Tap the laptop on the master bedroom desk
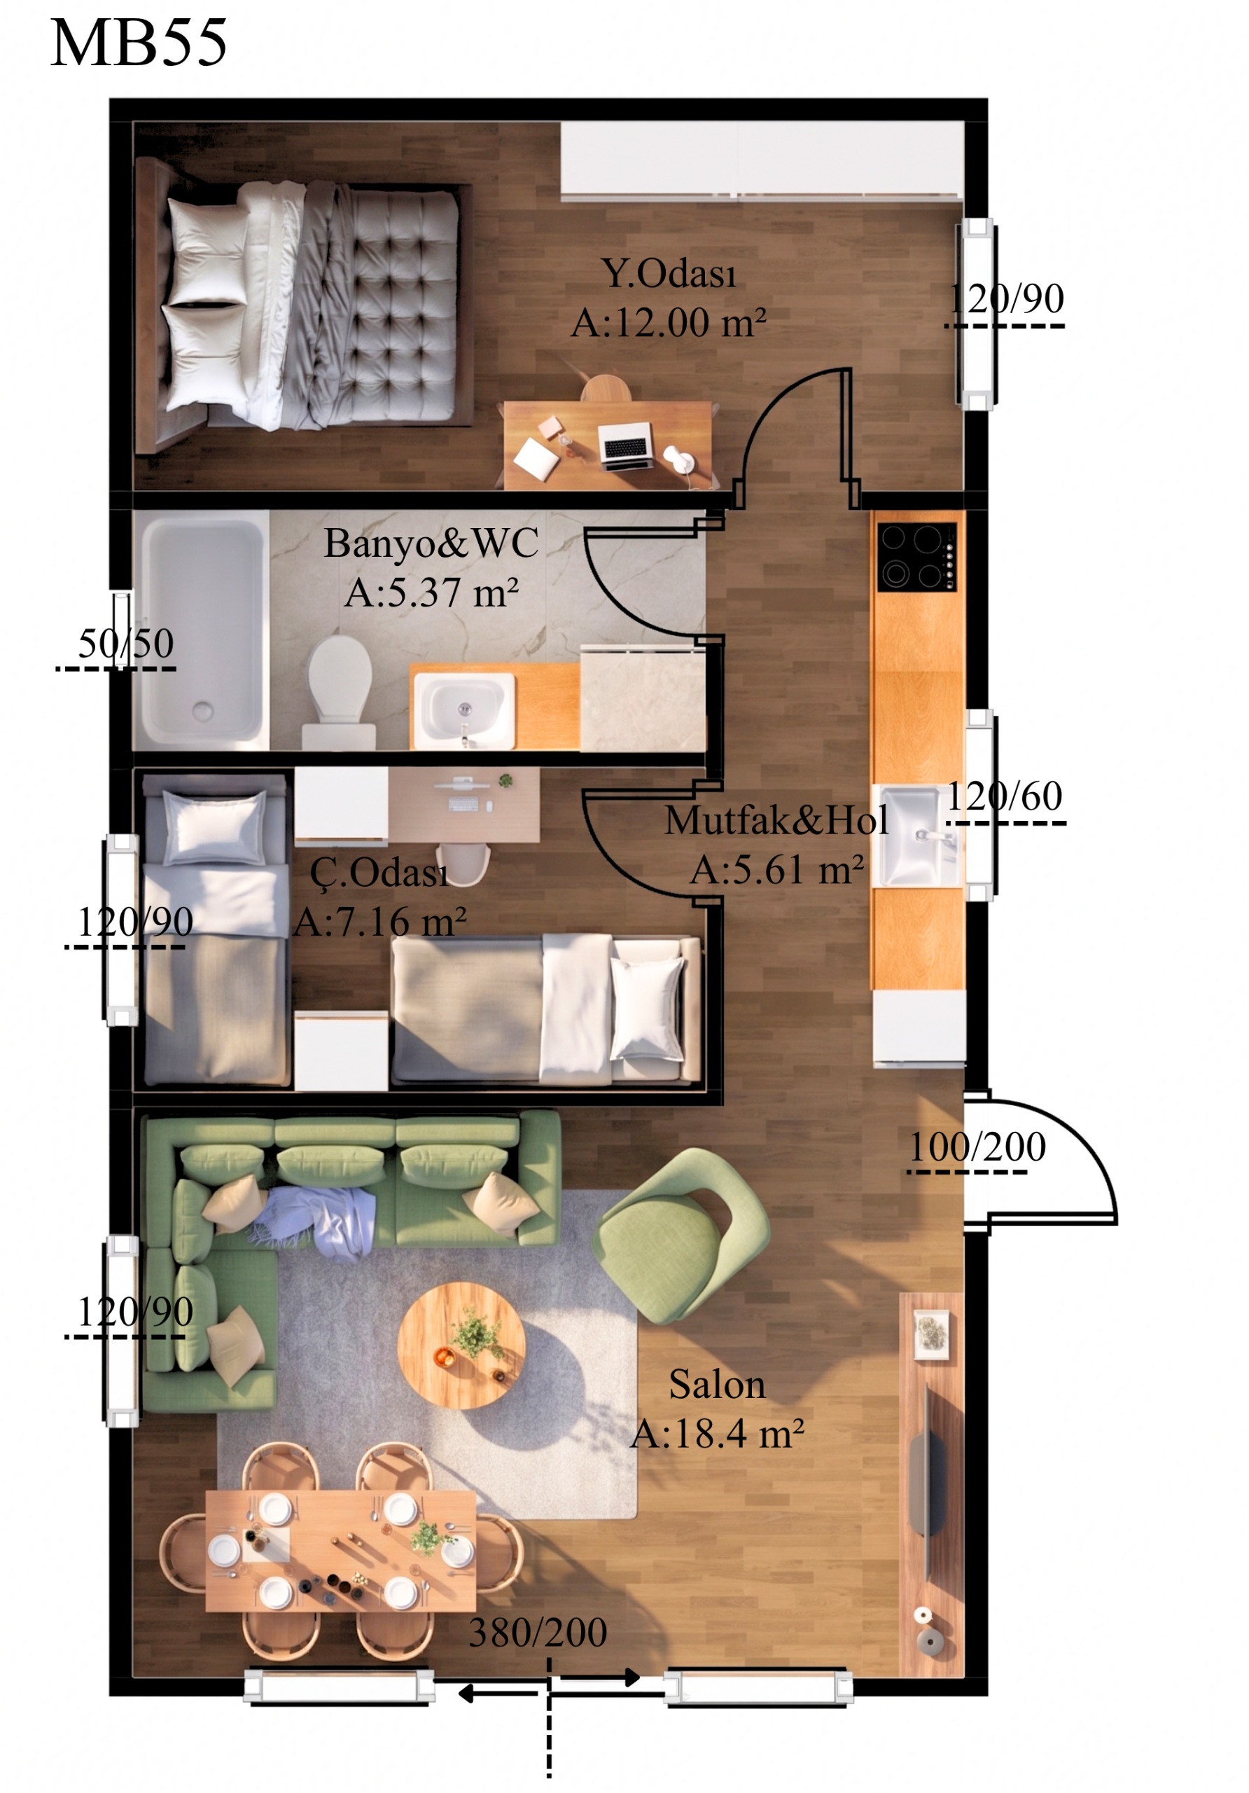point(626,446)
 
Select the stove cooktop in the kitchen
point(917,557)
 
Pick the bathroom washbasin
point(463,709)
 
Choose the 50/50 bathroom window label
point(126,644)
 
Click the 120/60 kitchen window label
point(1005,796)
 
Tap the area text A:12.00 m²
point(668,322)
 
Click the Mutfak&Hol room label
point(776,821)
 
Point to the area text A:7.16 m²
point(380,922)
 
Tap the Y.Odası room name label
point(669,273)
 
